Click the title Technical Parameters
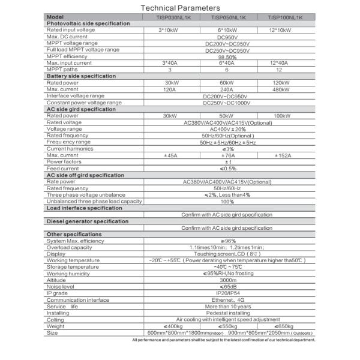coord(180,8)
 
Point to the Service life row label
coord(62,307)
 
